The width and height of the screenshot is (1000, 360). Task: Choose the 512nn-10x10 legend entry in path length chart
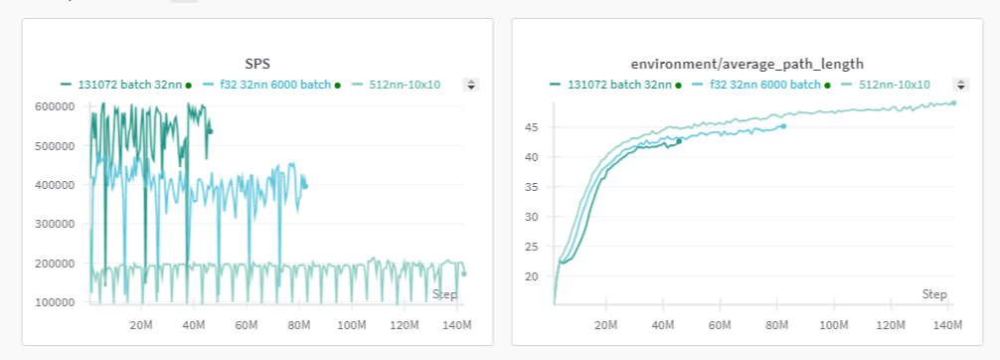[x=894, y=85]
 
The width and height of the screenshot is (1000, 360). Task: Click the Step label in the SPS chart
[x=444, y=294]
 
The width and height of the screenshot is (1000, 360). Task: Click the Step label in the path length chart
[x=934, y=294]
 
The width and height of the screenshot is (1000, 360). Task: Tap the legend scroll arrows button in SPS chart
[x=472, y=86]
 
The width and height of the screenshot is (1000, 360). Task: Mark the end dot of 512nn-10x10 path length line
[x=953, y=102]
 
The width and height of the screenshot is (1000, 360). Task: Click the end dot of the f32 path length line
[x=783, y=126]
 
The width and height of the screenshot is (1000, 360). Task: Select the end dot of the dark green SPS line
[x=210, y=131]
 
